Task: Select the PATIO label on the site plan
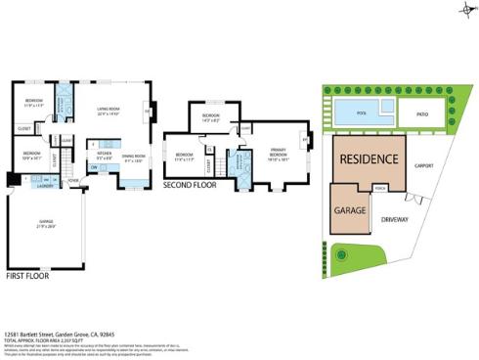point(420,113)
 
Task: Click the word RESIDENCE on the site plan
point(368,159)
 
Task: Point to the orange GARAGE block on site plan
point(350,211)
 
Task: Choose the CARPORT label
point(423,165)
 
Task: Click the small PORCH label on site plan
point(379,189)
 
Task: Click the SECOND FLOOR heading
point(189,184)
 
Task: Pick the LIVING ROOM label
point(108,110)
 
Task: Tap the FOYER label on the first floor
point(73,181)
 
